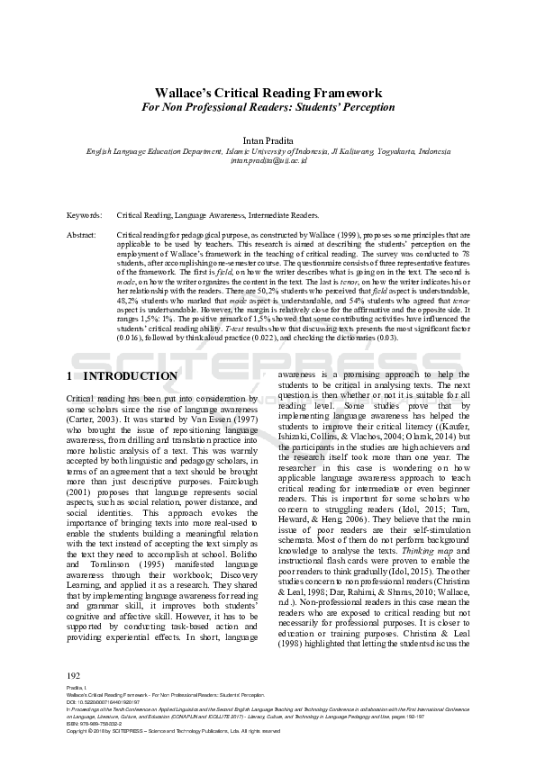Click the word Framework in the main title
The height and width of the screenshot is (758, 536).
tap(343, 93)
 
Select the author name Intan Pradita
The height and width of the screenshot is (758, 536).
tap(268, 140)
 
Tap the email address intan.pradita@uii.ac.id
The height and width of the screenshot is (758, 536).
tap(268, 161)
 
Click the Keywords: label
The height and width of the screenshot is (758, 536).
tap(85, 216)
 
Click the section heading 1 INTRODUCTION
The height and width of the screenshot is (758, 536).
tap(123, 375)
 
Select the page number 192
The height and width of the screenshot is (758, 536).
tap(75, 675)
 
